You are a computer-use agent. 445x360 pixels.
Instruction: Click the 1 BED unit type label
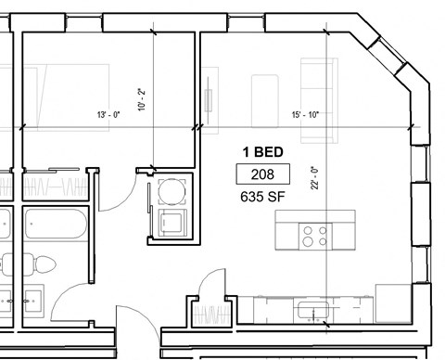[262, 152]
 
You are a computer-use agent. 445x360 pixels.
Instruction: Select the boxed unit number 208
[262, 174]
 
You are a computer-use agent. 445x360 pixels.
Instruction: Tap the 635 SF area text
[262, 195]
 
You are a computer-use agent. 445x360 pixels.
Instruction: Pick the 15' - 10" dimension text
[304, 115]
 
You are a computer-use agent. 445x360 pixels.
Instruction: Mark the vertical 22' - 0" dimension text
[339, 176]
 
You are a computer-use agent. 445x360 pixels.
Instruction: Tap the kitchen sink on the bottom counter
[309, 306]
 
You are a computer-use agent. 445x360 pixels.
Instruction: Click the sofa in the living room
[319, 97]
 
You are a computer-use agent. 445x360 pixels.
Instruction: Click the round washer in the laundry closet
[172, 193]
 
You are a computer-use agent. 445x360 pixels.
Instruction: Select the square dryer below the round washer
[172, 223]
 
